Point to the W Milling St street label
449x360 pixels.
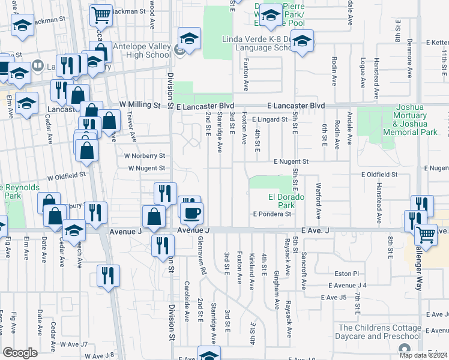click(x=140, y=105)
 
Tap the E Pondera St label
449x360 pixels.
click(x=272, y=214)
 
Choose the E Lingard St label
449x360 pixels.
click(x=270, y=119)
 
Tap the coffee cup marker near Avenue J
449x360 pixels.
click(x=192, y=212)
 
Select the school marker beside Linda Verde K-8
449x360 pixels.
click(x=303, y=42)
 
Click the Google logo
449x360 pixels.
click(x=20, y=353)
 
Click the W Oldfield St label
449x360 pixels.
click(x=67, y=177)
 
